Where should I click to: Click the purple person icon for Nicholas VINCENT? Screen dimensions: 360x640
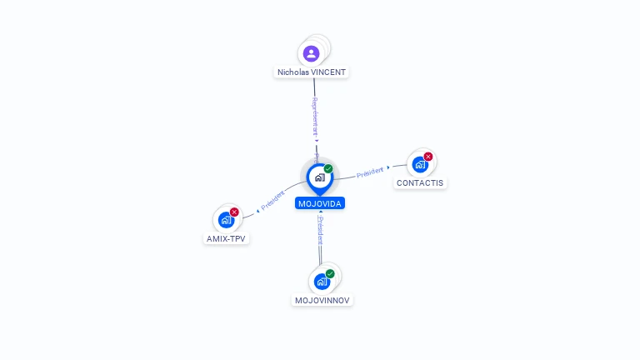click(312, 53)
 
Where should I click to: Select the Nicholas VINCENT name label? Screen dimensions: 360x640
click(312, 72)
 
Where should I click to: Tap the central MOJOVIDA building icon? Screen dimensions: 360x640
click(319, 177)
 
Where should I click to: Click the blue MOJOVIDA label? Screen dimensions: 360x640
click(320, 203)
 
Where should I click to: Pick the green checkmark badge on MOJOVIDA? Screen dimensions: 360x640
click(328, 168)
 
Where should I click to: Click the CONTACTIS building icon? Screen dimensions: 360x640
click(420, 164)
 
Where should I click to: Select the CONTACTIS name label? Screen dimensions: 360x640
click(420, 182)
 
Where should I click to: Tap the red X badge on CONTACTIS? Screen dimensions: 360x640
click(428, 157)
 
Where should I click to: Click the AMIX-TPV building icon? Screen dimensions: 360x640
click(226, 220)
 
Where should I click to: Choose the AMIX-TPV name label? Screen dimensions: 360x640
click(227, 238)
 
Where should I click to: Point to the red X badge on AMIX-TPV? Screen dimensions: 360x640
click(234, 212)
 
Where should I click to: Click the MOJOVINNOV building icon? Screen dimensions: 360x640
click(322, 282)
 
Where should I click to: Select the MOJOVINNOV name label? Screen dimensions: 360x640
click(322, 300)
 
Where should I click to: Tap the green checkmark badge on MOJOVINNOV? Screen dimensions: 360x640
click(330, 273)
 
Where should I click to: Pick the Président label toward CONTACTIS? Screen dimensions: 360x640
click(369, 172)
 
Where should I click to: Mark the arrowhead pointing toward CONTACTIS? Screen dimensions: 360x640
click(388, 167)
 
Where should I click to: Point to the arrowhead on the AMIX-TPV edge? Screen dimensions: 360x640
click(257, 210)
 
